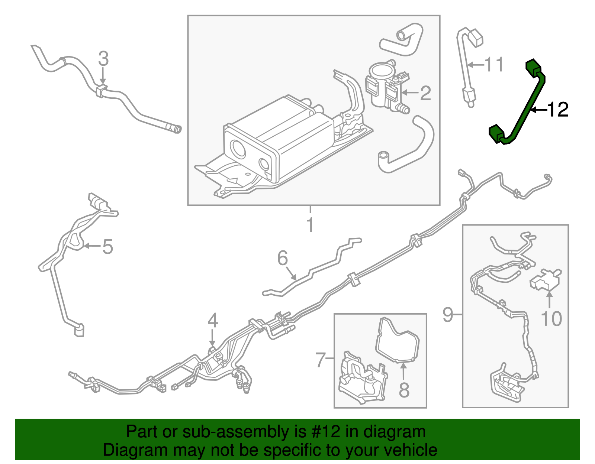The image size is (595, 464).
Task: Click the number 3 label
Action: (103, 59)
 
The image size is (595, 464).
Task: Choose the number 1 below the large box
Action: (310, 225)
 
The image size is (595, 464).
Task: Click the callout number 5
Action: (107, 247)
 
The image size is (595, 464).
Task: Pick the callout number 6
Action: (283, 258)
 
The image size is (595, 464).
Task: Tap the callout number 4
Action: (212, 320)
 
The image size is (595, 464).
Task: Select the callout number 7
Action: (321, 360)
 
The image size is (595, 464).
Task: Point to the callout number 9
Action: (448, 315)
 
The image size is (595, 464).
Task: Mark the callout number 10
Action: (551, 318)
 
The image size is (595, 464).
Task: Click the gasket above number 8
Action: (397, 340)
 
